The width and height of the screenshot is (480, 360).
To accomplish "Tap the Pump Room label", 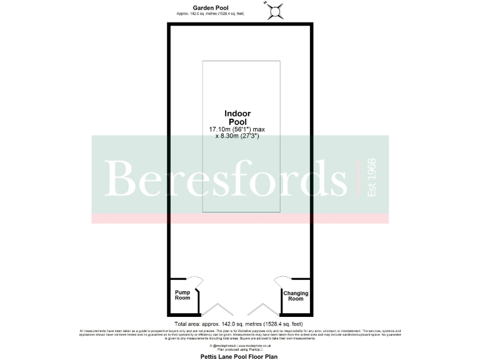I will [182, 296].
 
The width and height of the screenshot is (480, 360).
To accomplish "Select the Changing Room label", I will [296, 296].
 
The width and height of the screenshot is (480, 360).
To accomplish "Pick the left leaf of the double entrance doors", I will [217, 309].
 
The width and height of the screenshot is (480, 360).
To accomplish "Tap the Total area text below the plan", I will [239, 324].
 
